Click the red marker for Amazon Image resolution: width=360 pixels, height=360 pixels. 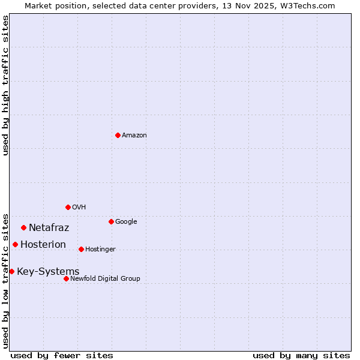click(x=118, y=135)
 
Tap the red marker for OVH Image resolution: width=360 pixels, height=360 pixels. click(x=68, y=207)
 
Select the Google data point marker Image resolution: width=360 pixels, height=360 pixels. click(x=111, y=221)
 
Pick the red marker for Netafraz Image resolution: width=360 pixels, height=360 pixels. click(x=23, y=227)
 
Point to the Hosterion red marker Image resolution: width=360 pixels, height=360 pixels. click(x=15, y=244)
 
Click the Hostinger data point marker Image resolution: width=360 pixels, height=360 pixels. click(x=81, y=249)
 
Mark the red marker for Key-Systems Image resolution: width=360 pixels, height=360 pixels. click(x=11, y=271)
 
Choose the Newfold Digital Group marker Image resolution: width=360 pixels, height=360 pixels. click(x=66, y=278)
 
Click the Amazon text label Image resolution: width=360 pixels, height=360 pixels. click(x=134, y=136)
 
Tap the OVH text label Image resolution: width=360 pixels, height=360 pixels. click(x=79, y=208)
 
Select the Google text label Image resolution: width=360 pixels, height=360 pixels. click(x=126, y=222)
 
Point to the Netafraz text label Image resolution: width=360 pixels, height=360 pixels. click(x=49, y=228)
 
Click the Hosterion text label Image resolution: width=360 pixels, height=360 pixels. click(x=43, y=245)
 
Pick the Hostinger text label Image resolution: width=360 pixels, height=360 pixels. click(x=100, y=250)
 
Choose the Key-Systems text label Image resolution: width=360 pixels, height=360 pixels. click(x=48, y=272)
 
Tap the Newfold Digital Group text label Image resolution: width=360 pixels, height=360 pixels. click(x=105, y=279)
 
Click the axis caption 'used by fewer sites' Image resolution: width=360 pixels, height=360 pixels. click(x=62, y=355)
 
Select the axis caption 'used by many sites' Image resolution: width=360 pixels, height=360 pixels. click(x=301, y=355)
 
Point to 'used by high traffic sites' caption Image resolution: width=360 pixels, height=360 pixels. click(x=6, y=86)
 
